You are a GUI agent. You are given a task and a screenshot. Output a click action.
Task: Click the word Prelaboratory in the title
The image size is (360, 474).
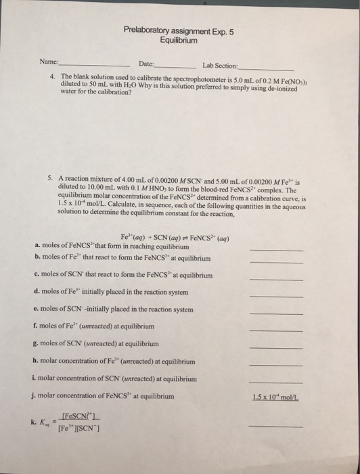[x=150, y=30]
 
